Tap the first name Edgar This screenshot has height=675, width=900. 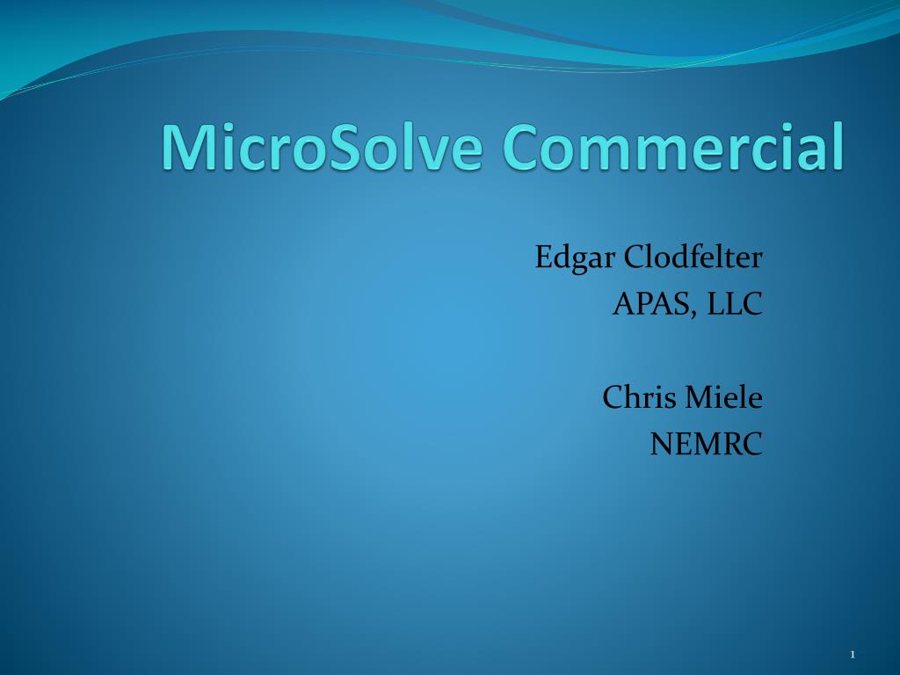[x=576, y=258]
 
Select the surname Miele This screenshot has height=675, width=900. [x=724, y=397]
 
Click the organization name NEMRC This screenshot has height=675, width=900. [x=706, y=445]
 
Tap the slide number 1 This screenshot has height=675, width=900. [x=852, y=654]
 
